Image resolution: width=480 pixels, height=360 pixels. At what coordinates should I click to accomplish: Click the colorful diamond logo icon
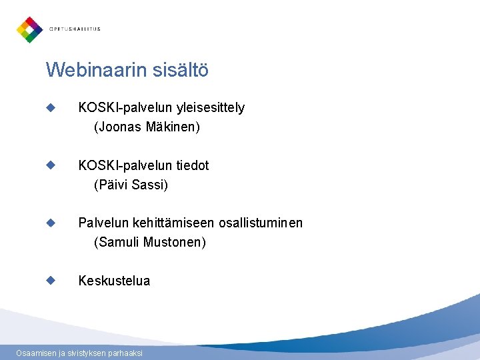pyautogui.click(x=29, y=29)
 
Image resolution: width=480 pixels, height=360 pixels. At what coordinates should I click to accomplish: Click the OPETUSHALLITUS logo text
pyautogui.click(x=75, y=29)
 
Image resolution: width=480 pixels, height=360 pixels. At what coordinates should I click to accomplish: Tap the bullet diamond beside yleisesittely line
pyautogui.click(x=50, y=107)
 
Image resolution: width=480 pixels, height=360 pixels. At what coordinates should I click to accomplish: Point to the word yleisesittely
pyautogui.click(x=210, y=107)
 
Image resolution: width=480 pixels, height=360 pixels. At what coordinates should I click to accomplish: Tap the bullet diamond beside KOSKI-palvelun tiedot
pyautogui.click(x=50, y=165)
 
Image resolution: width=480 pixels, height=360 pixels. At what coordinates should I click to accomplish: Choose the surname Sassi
pyautogui.click(x=150, y=184)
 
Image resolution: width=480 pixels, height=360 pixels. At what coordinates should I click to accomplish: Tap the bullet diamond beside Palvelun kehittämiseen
pyautogui.click(x=50, y=223)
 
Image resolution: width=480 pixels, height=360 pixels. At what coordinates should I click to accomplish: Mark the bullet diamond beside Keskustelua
pyautogui.click(x=50, y=281)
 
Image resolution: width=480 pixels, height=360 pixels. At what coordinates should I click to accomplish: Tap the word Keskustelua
pyautogui.click(x=114, y=281)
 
